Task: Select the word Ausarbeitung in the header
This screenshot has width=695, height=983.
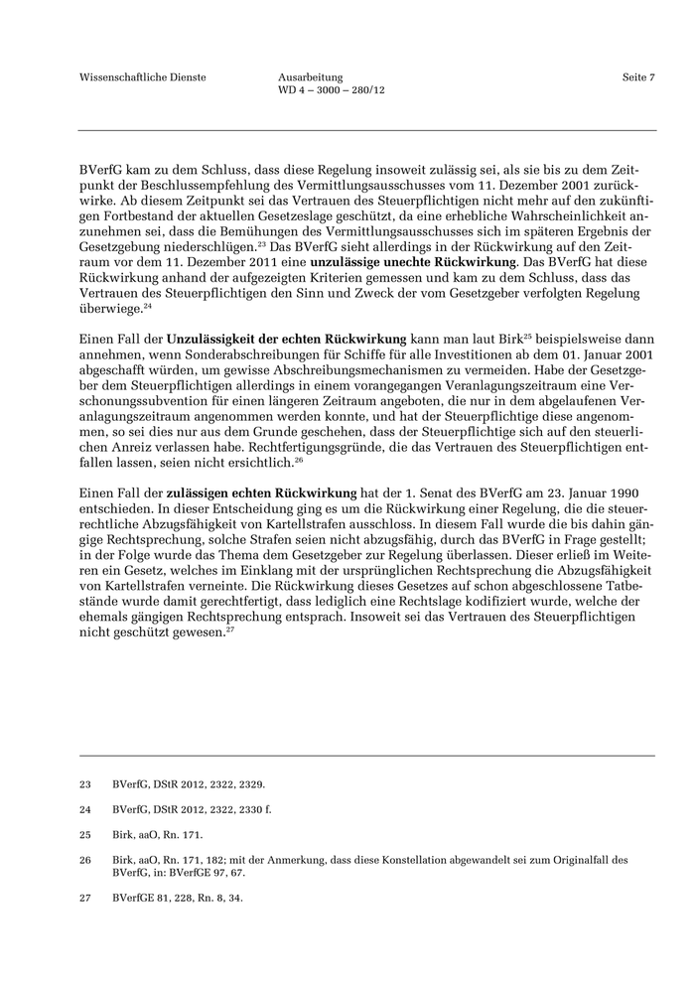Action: (311, 76)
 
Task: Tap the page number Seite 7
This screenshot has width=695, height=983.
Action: (638, 76)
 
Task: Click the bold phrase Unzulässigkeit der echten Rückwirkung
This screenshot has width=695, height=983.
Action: (287, 341)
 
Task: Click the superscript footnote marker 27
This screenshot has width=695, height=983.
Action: (229, 632)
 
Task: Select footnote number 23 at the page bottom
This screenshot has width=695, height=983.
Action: (85, 783)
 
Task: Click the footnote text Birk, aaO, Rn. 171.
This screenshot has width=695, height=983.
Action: (158, 834)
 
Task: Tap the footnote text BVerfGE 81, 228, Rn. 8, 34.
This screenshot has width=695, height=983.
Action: (178, 898)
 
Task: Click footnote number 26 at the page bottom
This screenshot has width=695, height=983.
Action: (85, 859)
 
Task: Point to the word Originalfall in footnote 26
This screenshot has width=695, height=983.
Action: (573, 859)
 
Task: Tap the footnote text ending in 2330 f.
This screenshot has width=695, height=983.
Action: (192, 809)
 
